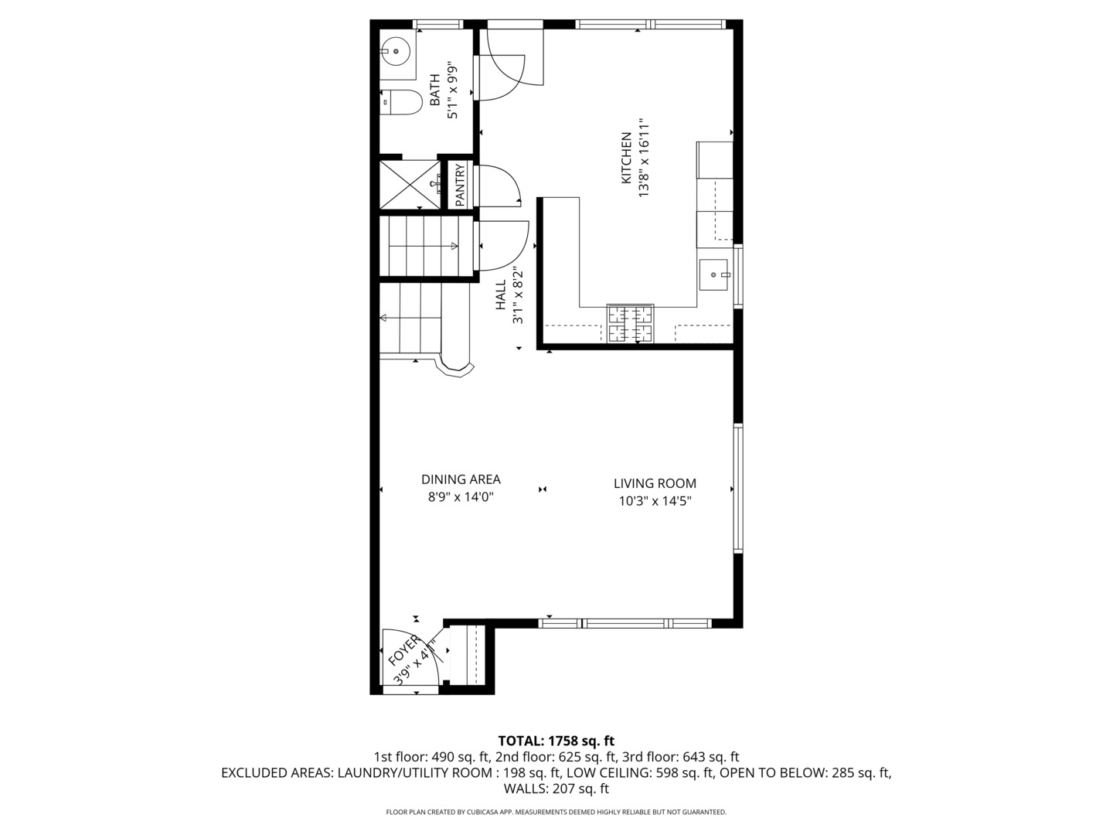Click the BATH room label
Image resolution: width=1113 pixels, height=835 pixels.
[435, 90]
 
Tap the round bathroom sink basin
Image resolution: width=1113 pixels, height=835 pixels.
[396, 51]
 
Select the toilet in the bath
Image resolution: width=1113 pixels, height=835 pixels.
[401, 103]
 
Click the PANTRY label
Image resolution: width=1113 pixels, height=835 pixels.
[460, 185]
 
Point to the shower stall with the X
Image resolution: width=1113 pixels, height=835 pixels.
[410, 185]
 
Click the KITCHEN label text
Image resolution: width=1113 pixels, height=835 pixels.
[626, 158]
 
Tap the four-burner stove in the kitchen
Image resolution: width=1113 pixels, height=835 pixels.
[630, 323]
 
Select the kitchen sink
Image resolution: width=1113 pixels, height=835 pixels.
[713, 274]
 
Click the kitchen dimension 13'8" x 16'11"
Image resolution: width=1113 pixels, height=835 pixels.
[644, 158]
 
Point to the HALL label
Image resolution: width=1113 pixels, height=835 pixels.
[501, 295]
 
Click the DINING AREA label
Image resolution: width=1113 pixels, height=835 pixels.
[461, 479]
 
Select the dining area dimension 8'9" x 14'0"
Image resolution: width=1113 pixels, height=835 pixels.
[461, 497]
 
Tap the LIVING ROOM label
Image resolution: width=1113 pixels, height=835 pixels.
[655, 483]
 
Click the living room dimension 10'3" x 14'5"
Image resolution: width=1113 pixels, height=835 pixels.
[655, 501]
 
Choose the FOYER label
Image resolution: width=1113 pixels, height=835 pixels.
[403, 650]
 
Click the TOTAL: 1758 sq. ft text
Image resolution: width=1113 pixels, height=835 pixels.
[556, 741]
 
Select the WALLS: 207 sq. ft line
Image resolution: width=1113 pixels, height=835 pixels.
[556, 789]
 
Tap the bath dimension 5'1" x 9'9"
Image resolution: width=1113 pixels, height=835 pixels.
[452, 92]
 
